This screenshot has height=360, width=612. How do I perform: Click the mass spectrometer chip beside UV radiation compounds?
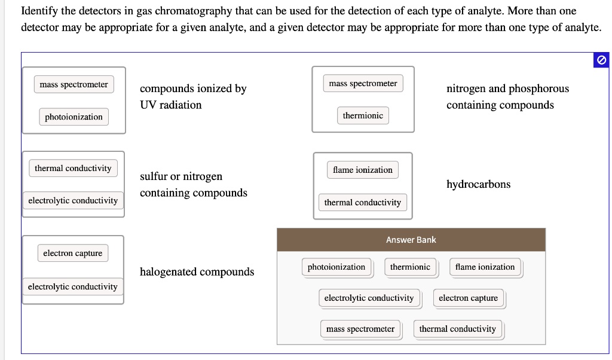[x=74, y=84]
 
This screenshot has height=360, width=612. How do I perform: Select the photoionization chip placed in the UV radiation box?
[x=74, y=117]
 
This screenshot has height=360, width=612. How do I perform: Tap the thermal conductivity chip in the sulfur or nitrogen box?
[x=73, y=168]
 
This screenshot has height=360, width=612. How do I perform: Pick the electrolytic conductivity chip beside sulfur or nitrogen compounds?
[x=73, y=200]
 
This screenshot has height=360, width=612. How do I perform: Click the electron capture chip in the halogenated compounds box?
[x=72, y=253]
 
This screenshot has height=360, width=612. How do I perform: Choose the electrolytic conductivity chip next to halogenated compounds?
[x=73, y=286]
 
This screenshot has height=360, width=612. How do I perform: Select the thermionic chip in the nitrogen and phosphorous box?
[x=363, y=115]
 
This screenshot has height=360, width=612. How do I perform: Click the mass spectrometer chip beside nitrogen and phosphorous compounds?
[x=363, y=83]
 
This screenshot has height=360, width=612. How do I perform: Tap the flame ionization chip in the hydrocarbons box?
[x=363, y=170]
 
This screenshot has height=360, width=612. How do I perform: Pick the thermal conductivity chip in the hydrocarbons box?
[x=362, y=203]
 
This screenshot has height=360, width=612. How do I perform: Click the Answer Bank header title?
[x=411, y=240]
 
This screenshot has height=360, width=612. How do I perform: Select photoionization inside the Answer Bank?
[x=336, y=267]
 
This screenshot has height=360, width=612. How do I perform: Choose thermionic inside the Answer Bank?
[x=410, y=267]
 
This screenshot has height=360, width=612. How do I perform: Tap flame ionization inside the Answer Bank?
[x=485, y=267]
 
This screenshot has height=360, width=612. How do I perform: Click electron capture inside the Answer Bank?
[x=468, y=298]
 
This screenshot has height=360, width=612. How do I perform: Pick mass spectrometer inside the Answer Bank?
[x=360, y=329]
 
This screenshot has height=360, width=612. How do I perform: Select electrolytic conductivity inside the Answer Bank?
[x=369, y=298]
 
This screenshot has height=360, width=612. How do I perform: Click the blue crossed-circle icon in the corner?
[x=601, y=60]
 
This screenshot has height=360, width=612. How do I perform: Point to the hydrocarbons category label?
[x=478, y=184]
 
